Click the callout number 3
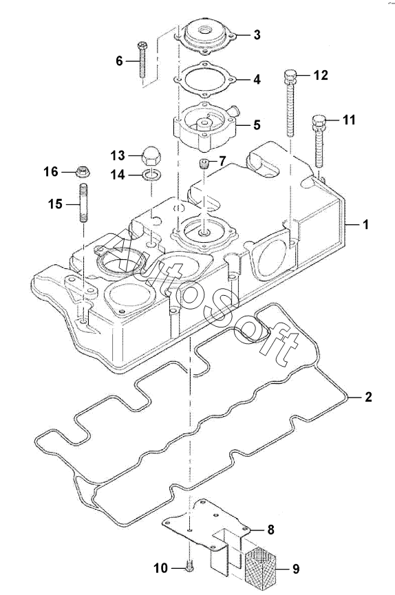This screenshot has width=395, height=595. point(257,35)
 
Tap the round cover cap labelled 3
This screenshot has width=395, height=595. point(206,38)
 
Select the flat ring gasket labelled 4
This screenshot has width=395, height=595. point(206,80)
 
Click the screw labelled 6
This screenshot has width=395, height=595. point(142,59)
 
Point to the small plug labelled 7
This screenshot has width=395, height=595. point(204,164)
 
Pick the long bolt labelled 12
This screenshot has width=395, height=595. point(290,102)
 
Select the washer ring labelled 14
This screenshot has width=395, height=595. point(151,175)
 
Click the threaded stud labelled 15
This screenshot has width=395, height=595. point(83,202)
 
